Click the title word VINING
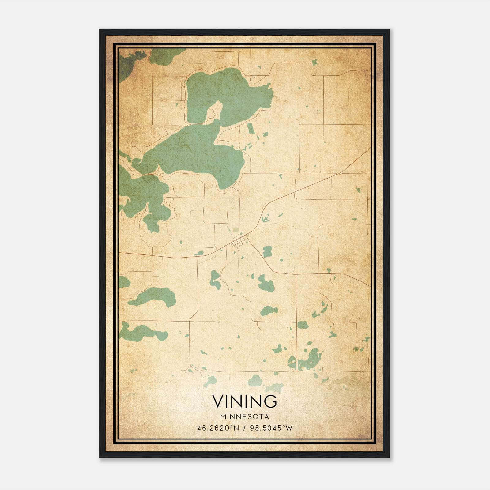click(245, 401)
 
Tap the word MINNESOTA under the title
click(245, 417)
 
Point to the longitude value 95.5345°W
click(271, 428)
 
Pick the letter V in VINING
click(218, 401)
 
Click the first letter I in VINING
click(228, 401)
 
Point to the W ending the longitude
click(289, 428)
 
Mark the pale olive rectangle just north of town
click(236, 230)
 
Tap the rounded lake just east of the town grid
click(267, 251)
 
